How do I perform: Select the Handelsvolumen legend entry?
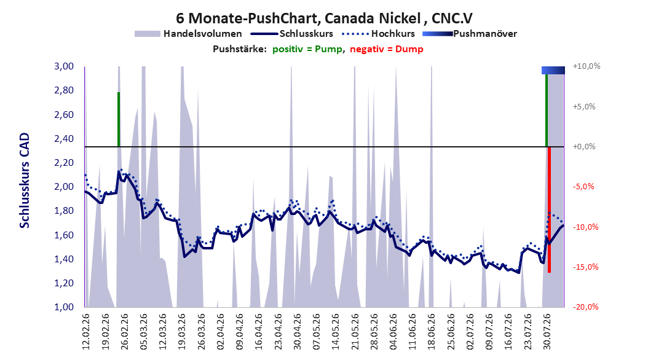coord(188,34)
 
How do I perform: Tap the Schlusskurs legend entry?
coord(292,34)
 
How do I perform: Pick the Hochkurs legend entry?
coord(379,34)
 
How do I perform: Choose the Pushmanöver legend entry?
coord(470,34)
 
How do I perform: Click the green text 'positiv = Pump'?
coord(307,49)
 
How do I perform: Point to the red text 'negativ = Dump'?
coord(387,49)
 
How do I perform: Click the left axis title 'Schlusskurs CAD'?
coord(25,181)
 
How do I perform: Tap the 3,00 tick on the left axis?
coord(64,66)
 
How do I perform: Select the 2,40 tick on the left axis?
coord(64,139)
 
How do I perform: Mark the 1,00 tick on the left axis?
coord(64,307)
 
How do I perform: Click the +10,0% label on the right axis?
coord(587,66)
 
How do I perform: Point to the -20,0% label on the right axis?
coord(585,307)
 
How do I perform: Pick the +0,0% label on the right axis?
coord(584,147)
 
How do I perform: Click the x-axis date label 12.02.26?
coord(86,332)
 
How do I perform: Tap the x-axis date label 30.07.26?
coord(547,332)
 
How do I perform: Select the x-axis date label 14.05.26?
coord(336,332)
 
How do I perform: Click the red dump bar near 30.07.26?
coord(549,209)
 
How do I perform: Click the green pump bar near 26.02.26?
coord(119,119)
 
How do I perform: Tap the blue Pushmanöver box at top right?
coord(553,70)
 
